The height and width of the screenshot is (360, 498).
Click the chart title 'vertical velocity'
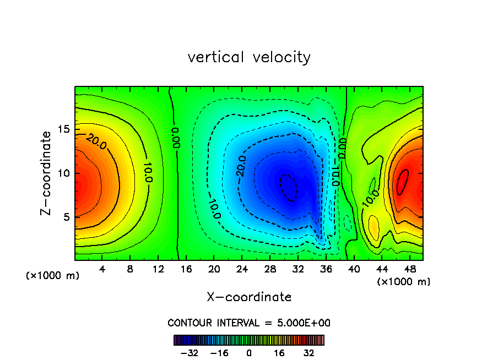tap(249, 57)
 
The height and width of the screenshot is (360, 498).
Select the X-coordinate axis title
tap(249, 297)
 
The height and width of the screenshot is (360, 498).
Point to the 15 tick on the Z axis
tap(64, 129)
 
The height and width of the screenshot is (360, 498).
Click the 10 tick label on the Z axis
tap(64, 173)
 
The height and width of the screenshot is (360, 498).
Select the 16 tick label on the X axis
tap(186, 269)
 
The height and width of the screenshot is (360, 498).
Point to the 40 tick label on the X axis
tap(353, 269)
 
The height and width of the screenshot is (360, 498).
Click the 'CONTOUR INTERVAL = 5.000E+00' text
tap(249, 323)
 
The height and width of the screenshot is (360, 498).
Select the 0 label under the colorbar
tap(249, 353)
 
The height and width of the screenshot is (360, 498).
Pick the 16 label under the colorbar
tap(279, 353)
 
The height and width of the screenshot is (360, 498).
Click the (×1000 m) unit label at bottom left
tap(53, 276)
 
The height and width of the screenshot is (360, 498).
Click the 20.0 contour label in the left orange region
tap(96, 143)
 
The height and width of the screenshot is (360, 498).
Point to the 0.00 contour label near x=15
tap(175, 137)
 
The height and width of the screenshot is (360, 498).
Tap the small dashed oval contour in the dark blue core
tap(288, 188)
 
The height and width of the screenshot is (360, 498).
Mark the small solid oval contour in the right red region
tap(403, 181)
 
